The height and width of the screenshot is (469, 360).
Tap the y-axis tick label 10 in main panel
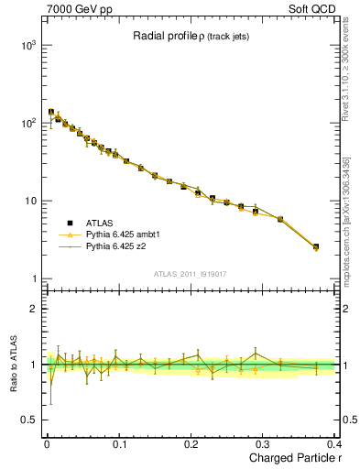click(28, 201)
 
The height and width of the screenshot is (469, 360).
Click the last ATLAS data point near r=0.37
click(316, 246)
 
